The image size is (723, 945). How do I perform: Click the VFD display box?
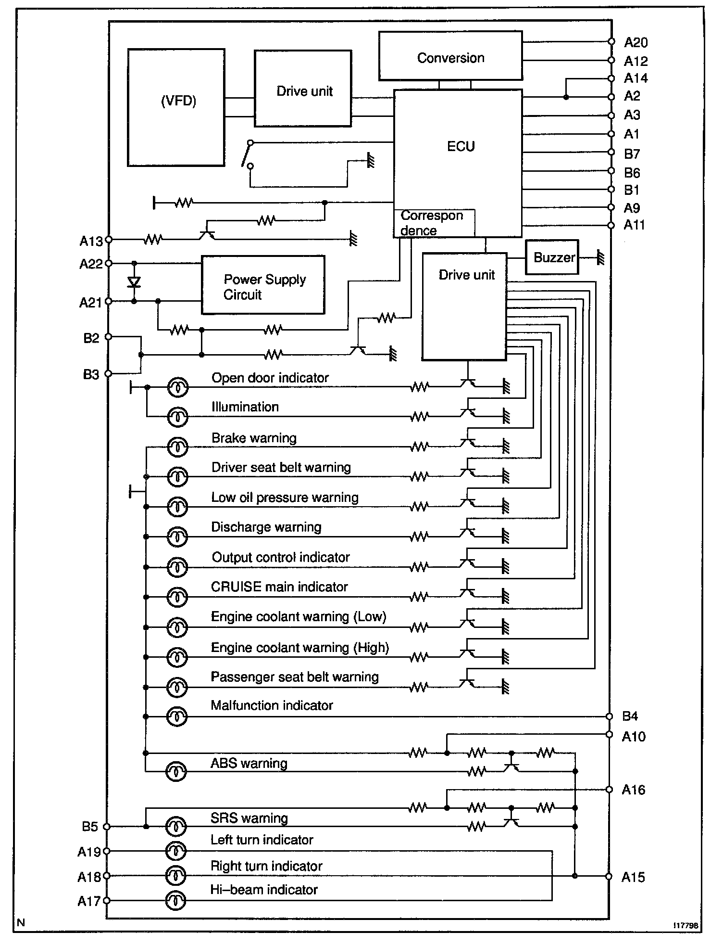click(176, 107)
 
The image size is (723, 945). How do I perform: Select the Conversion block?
click(450, 56)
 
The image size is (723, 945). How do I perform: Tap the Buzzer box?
click(552, 257)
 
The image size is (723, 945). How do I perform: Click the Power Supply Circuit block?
click(263, 285)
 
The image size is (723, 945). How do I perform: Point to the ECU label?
click(461, 146)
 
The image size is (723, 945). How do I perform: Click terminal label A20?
click(636, 43)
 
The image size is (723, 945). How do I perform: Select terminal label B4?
click(630, 716)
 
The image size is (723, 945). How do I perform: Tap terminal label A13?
click(91, 241)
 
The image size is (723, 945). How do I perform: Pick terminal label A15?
click(633, 877)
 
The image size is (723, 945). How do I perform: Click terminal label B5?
click(90, 827)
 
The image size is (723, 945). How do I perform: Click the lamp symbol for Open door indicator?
click(177, 387)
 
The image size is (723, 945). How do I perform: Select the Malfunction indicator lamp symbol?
click(176, 717)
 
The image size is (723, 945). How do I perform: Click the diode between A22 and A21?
click(134, 282)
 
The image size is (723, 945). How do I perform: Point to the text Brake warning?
click(254, 438)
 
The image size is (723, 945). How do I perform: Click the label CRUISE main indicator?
click(279, 587)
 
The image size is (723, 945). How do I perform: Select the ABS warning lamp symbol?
click(176, 771)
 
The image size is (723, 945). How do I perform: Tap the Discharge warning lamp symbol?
click(177, 536)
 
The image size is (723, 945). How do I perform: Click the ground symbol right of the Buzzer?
click(599, 257)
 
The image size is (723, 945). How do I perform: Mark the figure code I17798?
click(686, 925)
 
